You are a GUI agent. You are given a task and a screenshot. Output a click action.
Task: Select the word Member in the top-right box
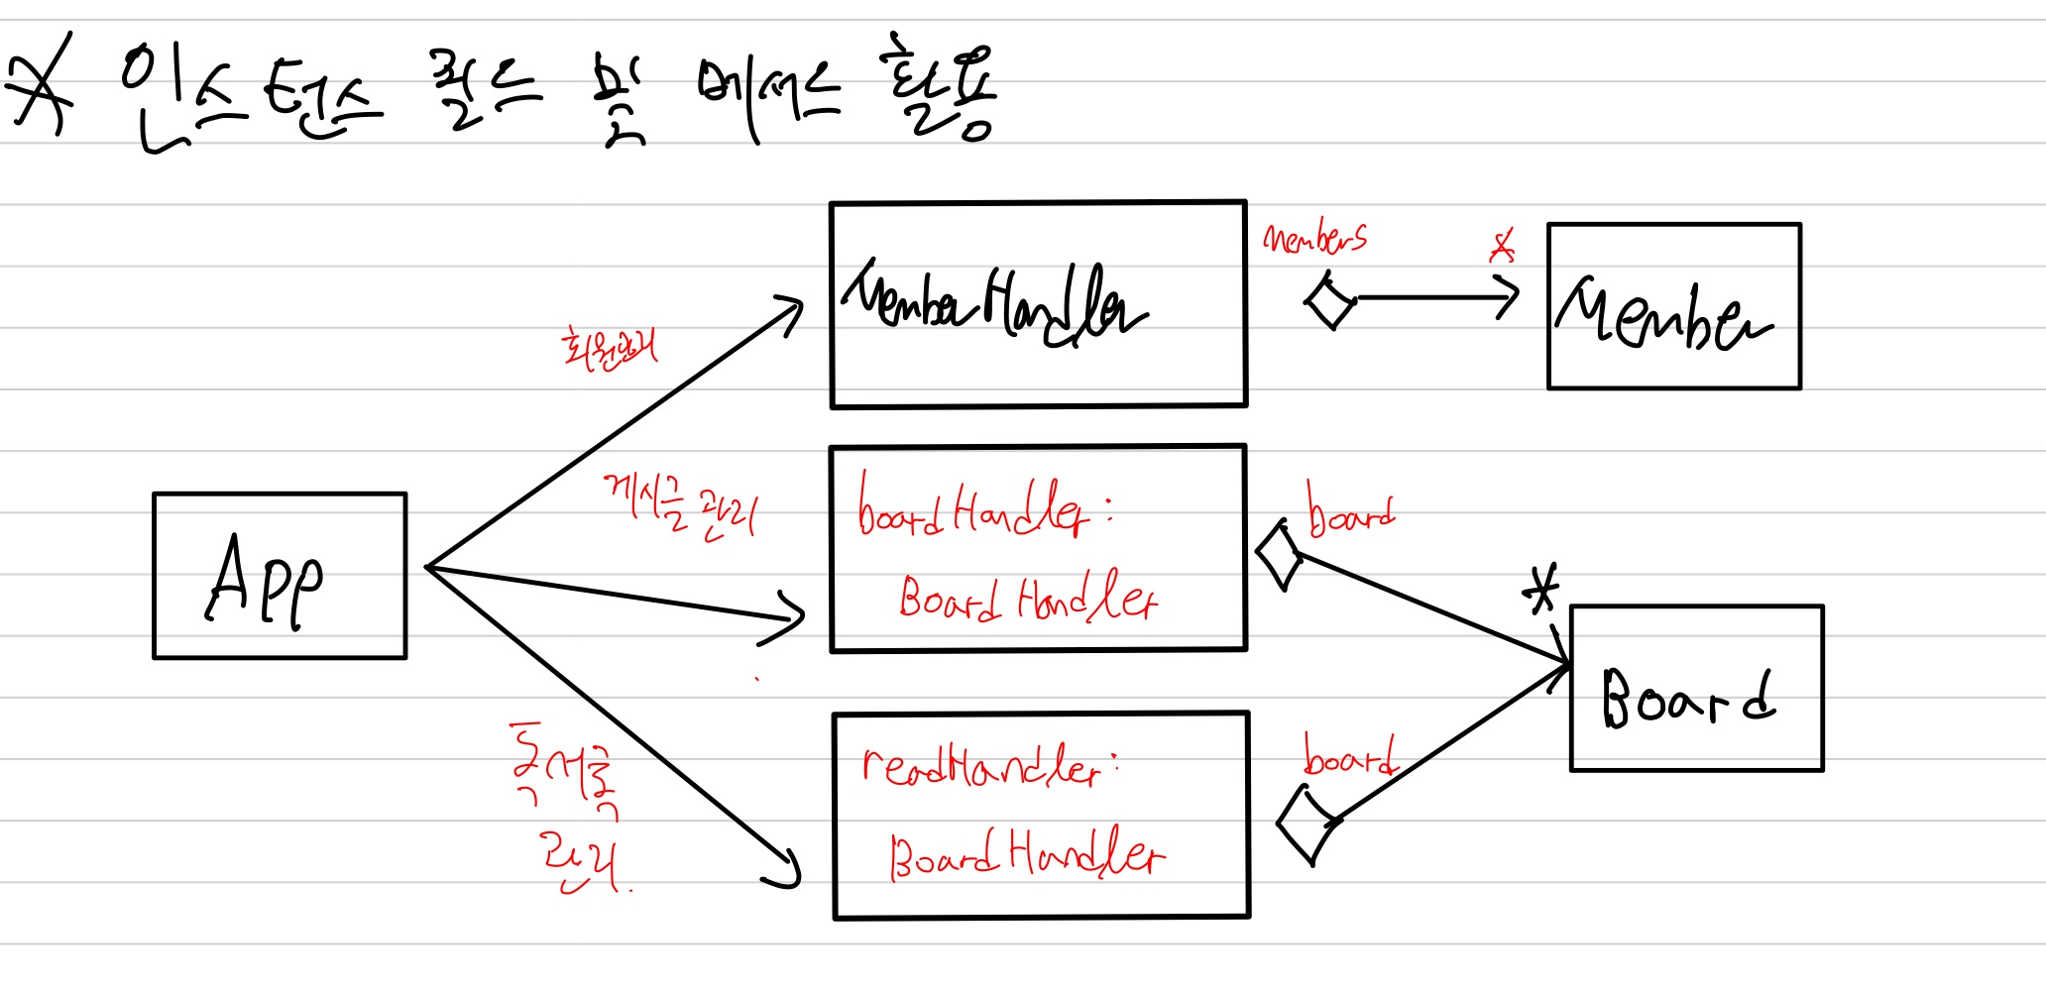pos(1663,315)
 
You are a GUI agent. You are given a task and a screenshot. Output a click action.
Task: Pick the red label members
pos(1315,239)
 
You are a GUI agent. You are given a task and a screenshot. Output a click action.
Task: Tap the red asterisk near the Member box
pos(1503,246)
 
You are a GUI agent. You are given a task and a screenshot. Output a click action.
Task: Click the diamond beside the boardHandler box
pos(1279,556)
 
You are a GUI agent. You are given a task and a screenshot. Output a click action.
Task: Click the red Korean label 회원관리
pos(609,349)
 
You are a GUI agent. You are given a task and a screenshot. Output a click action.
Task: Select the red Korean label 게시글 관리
pos(680,507)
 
